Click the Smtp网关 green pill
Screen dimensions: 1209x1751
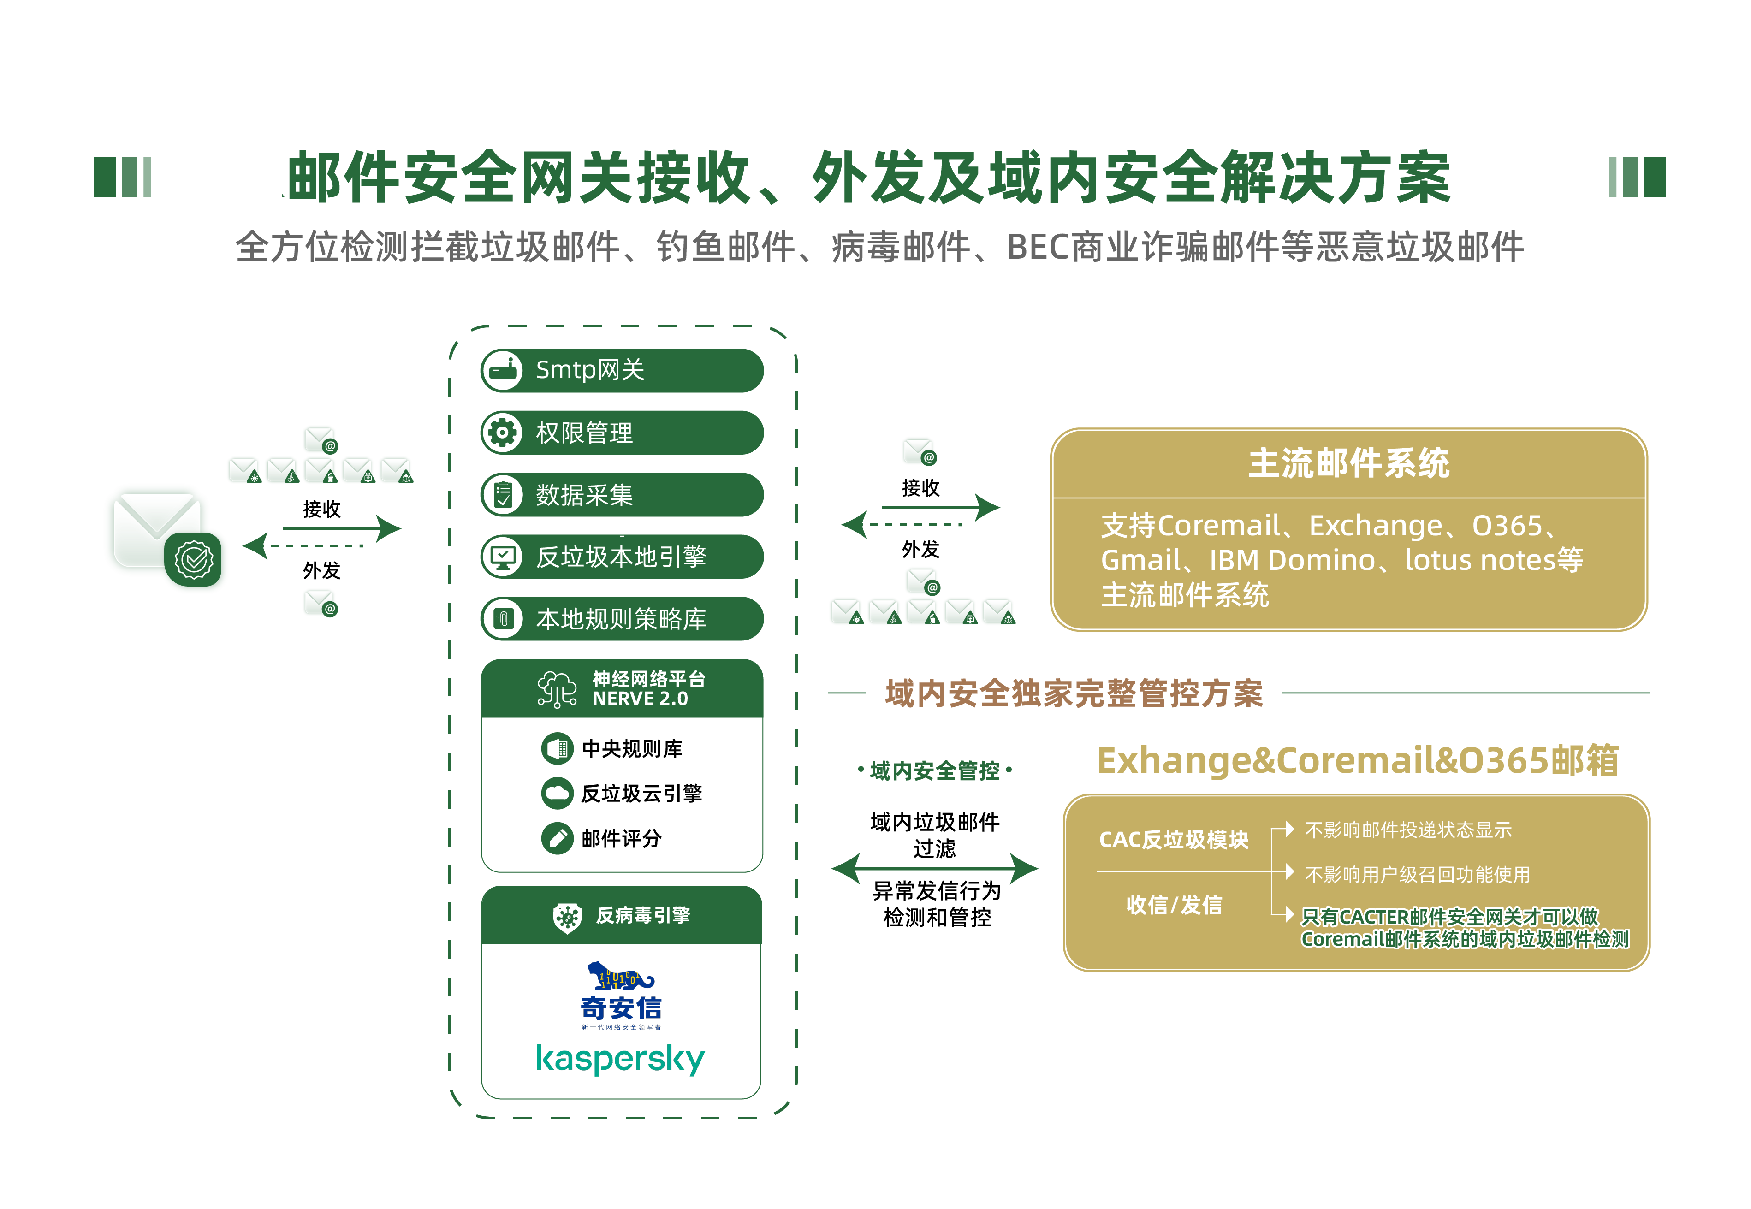(x=621, y=370)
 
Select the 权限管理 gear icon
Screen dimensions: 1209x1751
(x=502, y=433)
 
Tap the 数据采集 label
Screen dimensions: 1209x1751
(x=584, y=495)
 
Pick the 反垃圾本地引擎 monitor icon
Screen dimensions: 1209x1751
(x=502, y=557)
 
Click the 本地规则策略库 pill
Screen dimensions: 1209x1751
(x=621, y=619)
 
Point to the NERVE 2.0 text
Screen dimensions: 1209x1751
(x=640, y=699)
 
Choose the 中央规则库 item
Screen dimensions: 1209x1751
(x=631, y=748)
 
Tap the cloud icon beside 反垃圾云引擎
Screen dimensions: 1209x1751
(x=558, y=793)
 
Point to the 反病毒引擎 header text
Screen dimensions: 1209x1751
(x=642, y=915)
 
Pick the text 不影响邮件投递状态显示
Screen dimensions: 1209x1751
(x=1408, y=830)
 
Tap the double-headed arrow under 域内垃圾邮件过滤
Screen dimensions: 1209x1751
(x=934, y=868)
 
